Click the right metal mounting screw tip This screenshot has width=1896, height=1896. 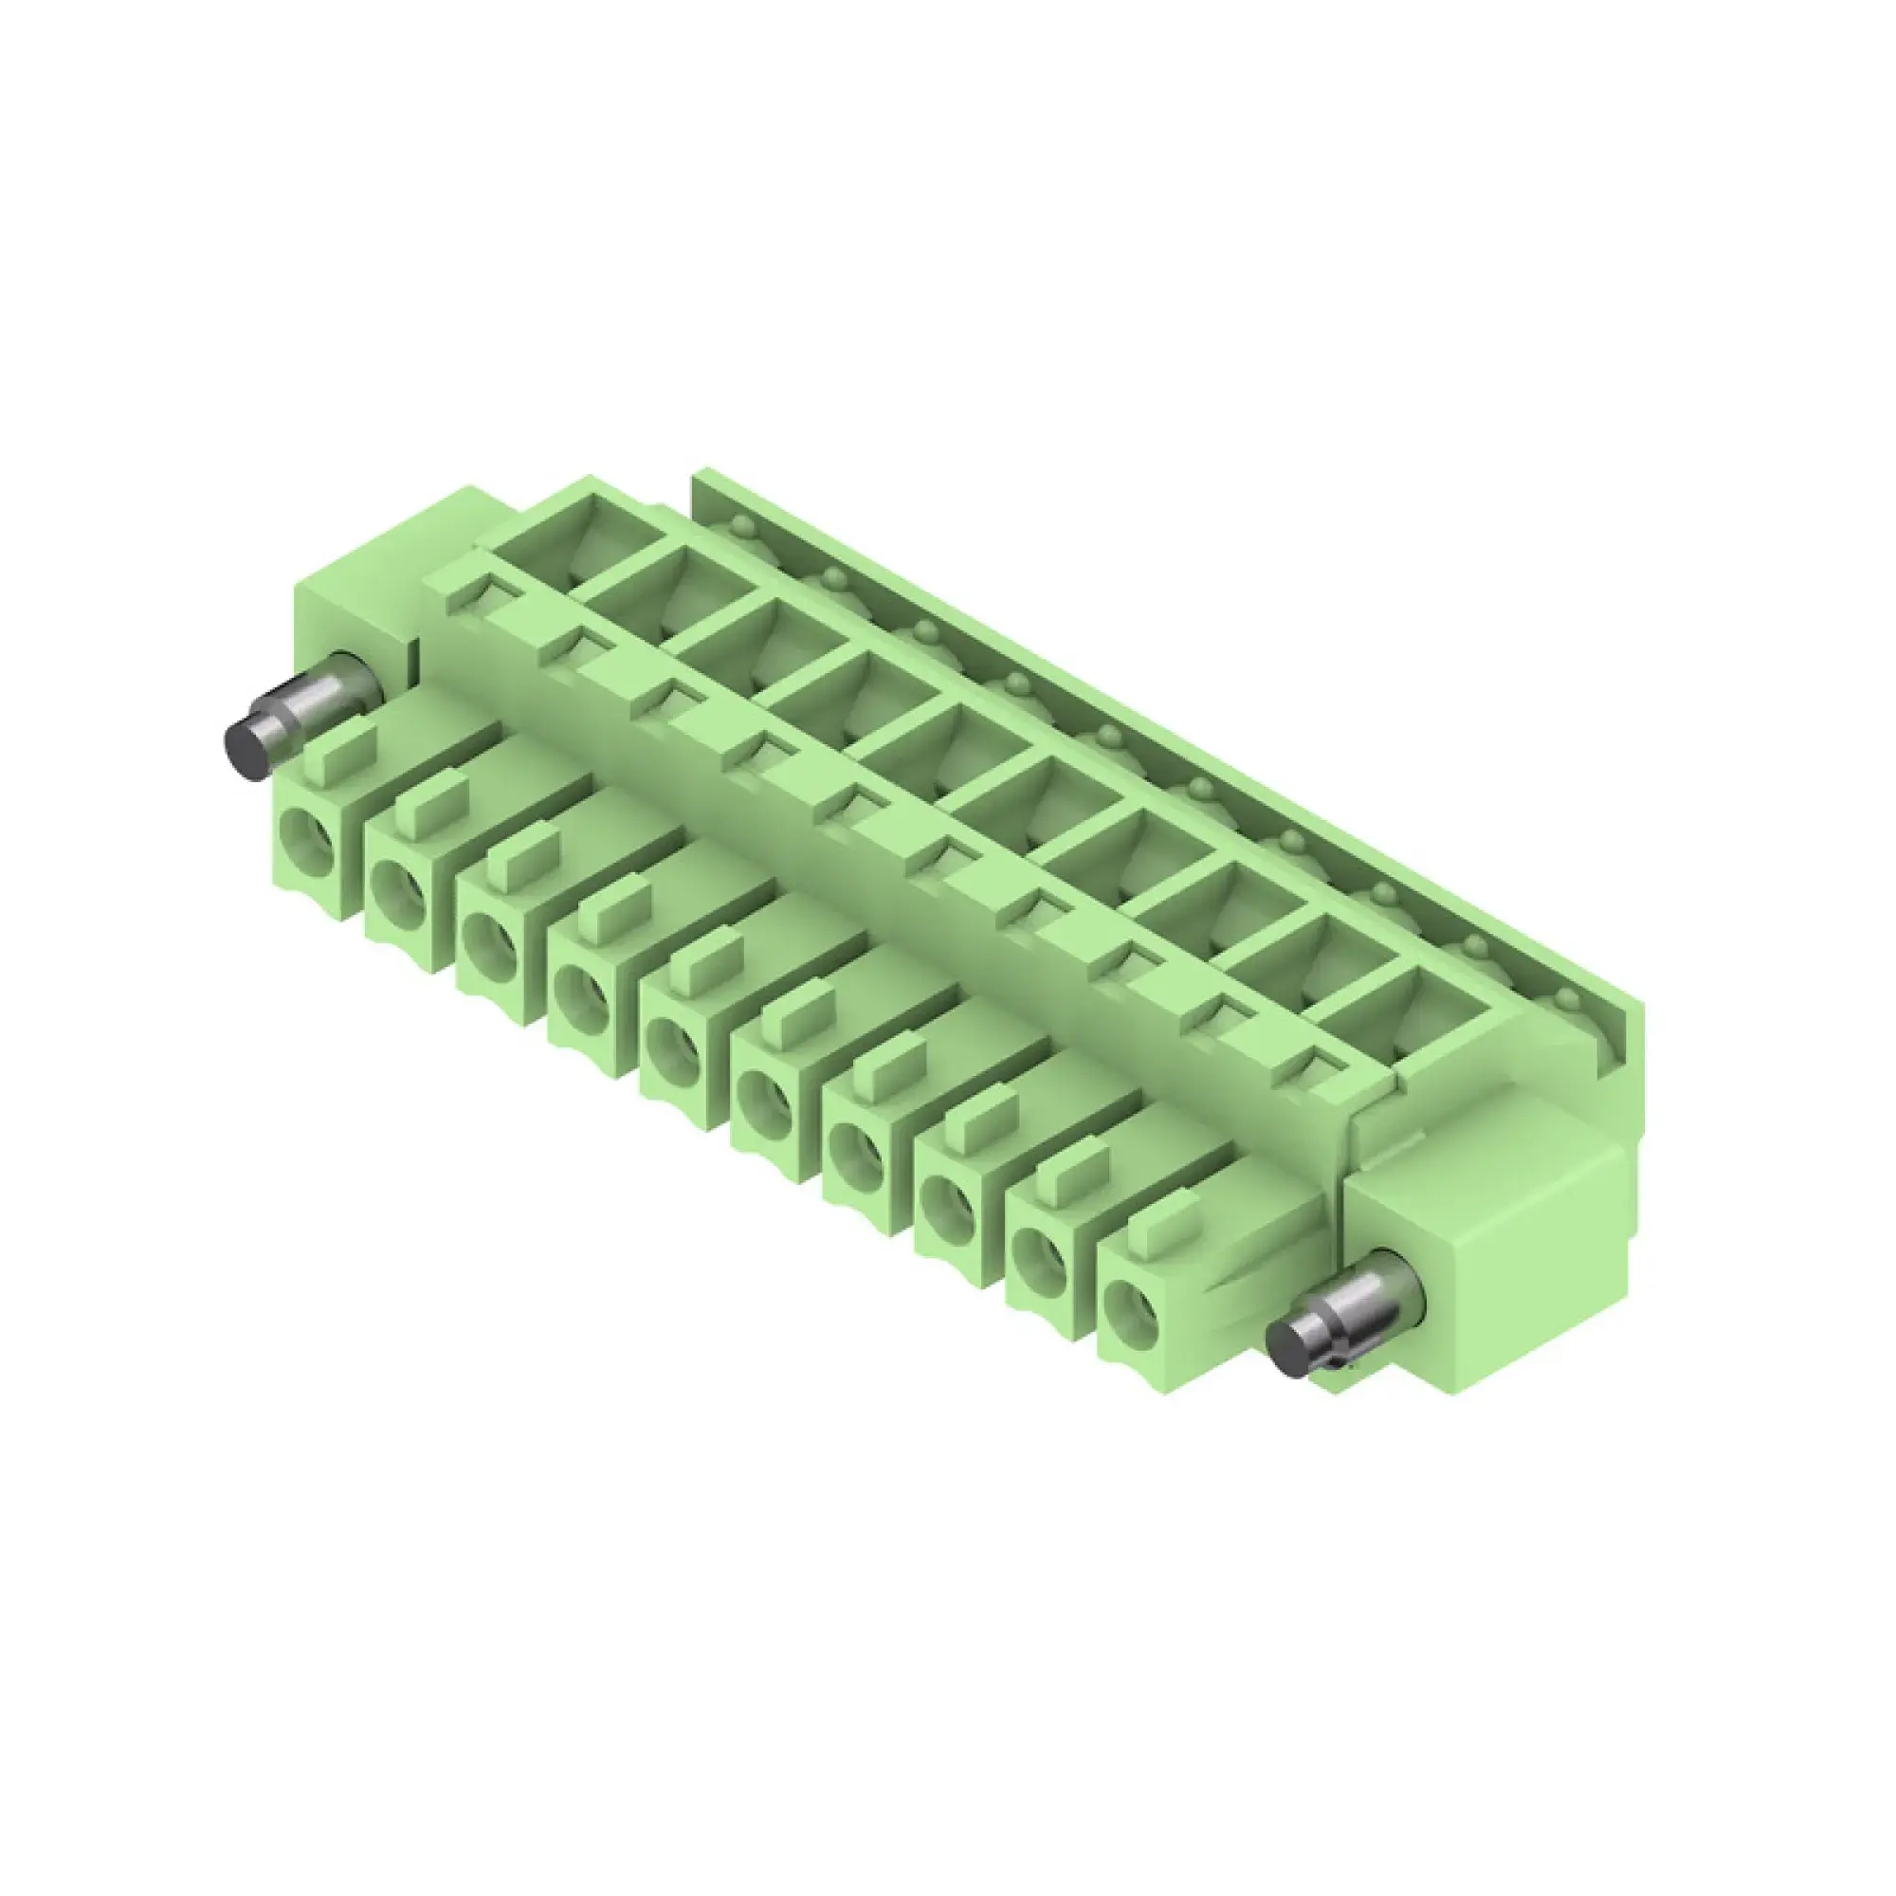pyautogui.click(x=1292, y=1348)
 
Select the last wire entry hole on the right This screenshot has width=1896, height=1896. pyautogui.click(x=1132, y=1309)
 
